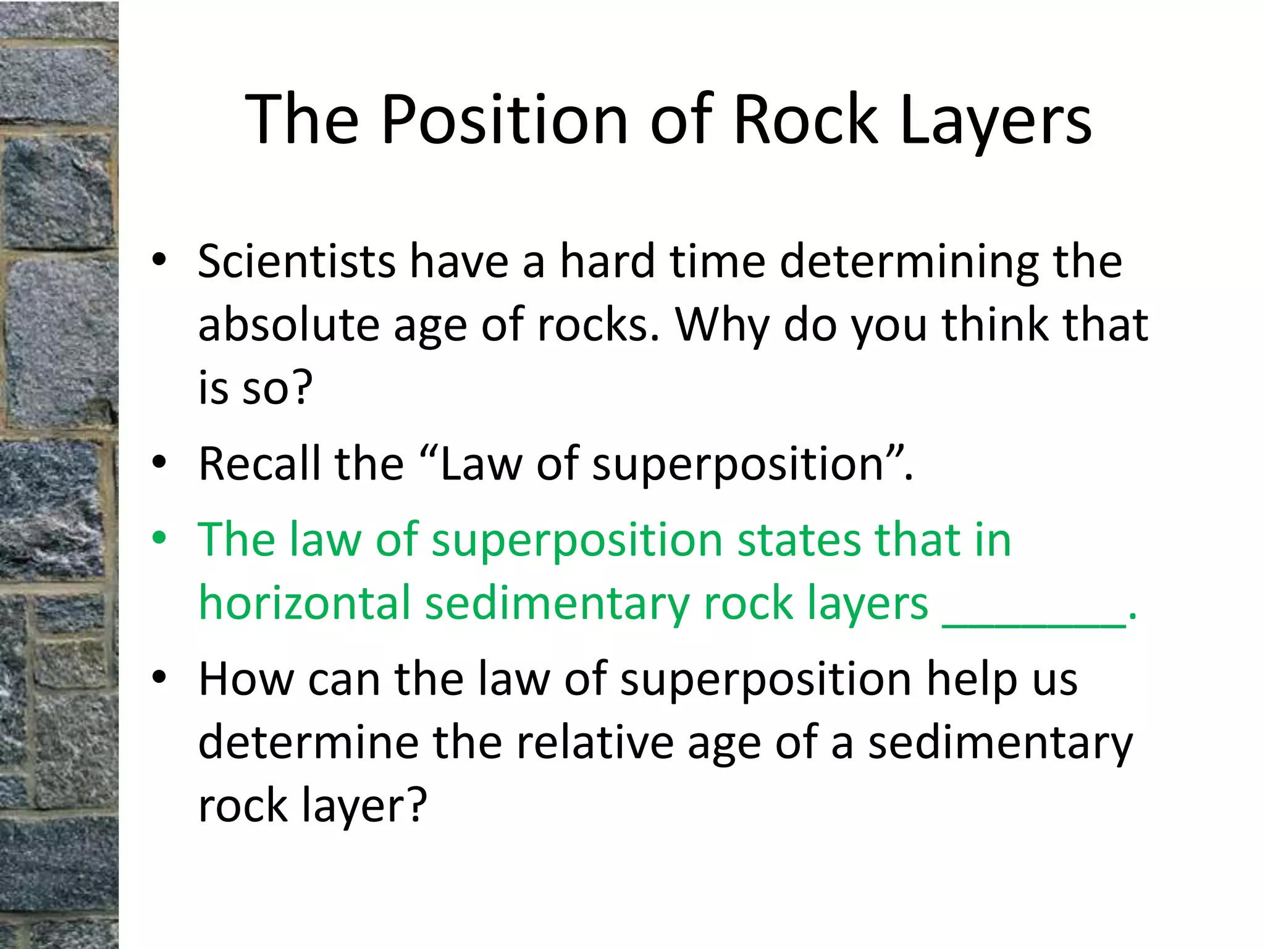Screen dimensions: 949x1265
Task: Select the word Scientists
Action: [296, 261]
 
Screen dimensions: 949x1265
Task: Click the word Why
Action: [722, 326]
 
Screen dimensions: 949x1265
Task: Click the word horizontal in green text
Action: [305, 603]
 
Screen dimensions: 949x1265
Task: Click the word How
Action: [246, 680]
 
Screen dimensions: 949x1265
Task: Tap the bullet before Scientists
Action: [160, 260]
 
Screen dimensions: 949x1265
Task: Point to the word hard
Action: [608, 261]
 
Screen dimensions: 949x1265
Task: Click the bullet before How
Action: [160, 678]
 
